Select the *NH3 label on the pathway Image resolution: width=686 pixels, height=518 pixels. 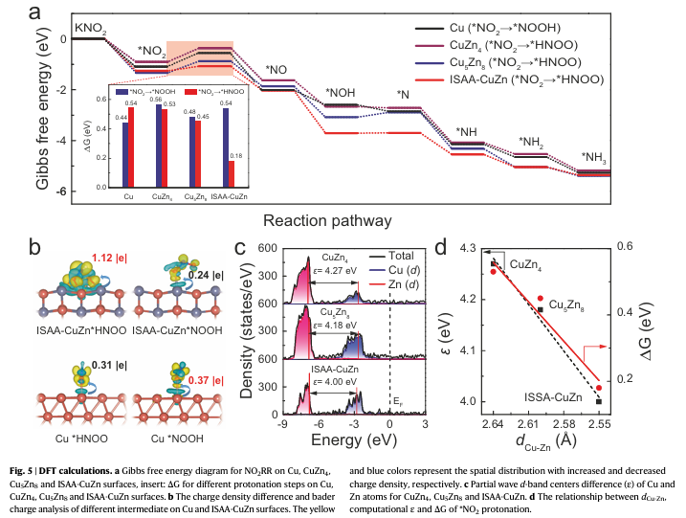click(595, 157)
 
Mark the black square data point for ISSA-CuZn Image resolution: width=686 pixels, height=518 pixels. click(599, 401)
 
